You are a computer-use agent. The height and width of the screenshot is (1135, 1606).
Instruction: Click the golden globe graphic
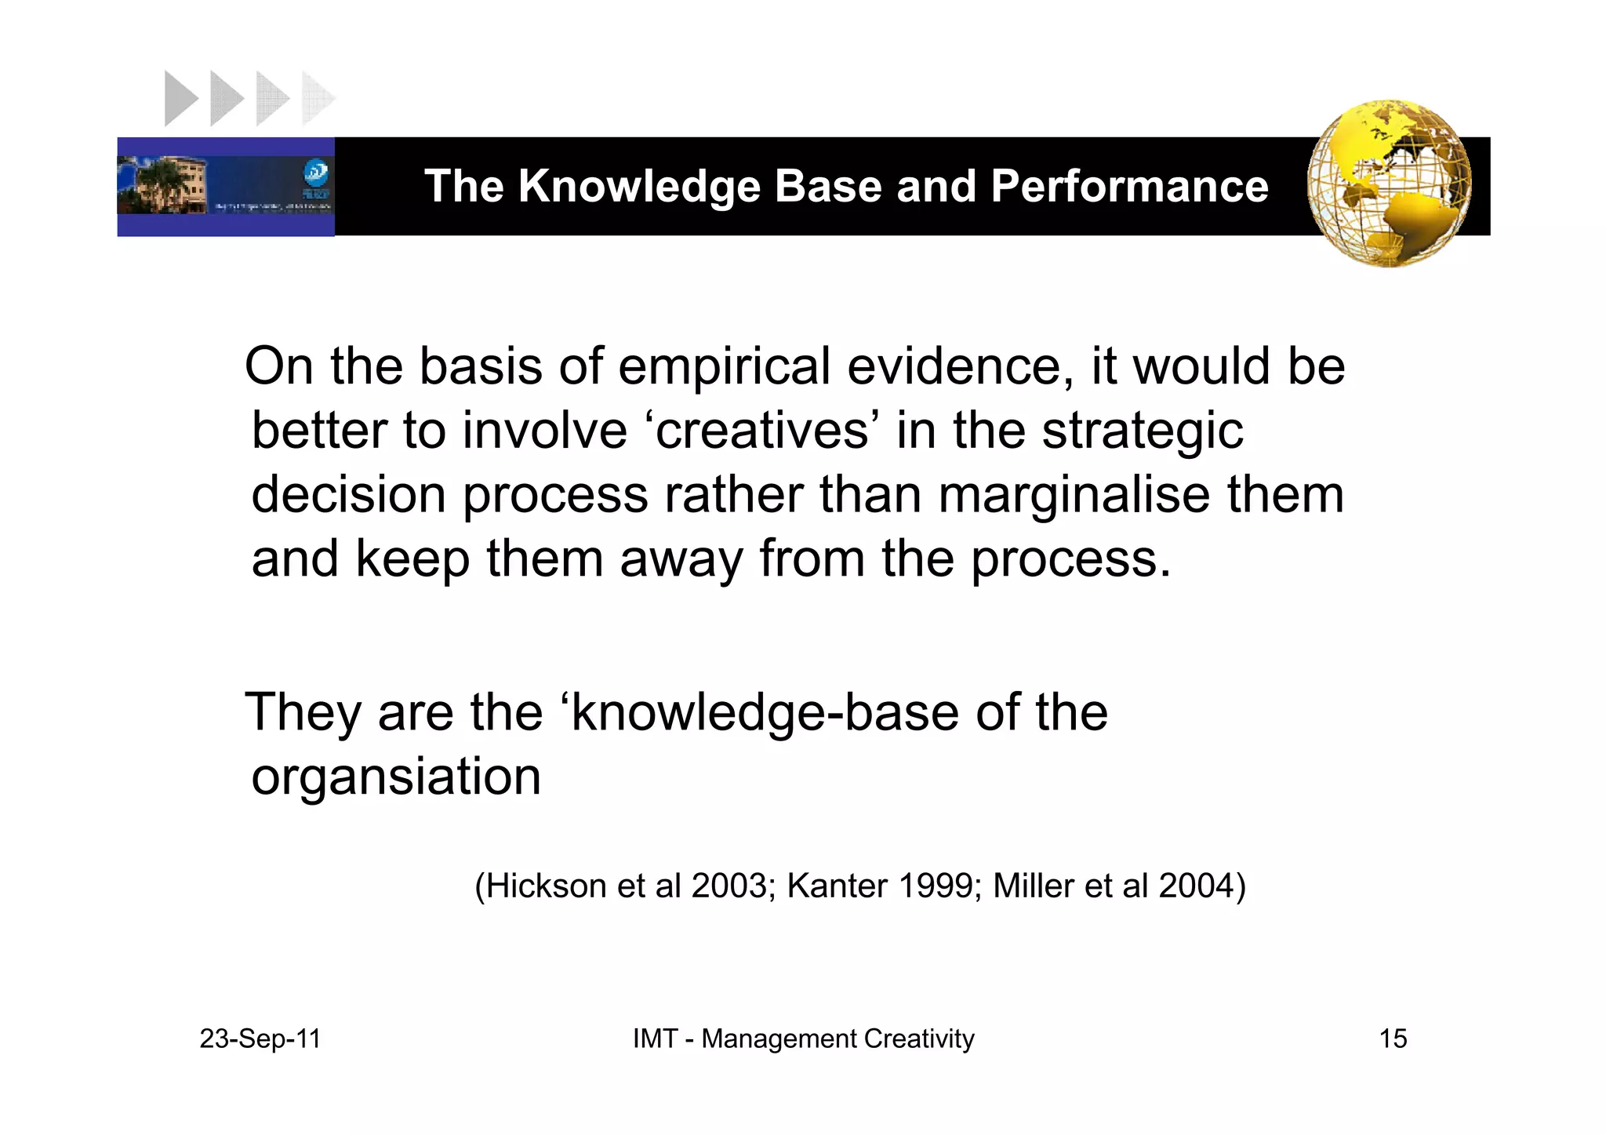1389,184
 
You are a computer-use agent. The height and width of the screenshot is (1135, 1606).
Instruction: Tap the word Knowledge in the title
638,187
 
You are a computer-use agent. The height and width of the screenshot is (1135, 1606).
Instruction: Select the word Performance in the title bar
1129,187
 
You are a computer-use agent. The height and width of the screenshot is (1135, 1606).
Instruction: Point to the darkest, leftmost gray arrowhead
180,99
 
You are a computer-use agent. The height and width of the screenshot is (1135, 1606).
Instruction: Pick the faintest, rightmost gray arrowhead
318,99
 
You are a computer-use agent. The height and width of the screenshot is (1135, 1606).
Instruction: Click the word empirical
723,366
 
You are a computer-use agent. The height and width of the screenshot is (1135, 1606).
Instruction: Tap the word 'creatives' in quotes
762,431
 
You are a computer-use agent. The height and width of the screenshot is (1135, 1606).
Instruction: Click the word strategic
1142,432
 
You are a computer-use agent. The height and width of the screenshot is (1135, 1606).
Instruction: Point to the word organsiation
396,777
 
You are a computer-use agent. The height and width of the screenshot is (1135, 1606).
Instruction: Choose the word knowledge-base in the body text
764,713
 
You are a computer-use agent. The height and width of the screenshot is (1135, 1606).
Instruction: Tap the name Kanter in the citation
838,886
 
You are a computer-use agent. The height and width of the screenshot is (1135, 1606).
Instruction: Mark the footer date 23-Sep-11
260,1039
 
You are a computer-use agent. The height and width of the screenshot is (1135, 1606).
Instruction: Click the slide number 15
1393,1039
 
